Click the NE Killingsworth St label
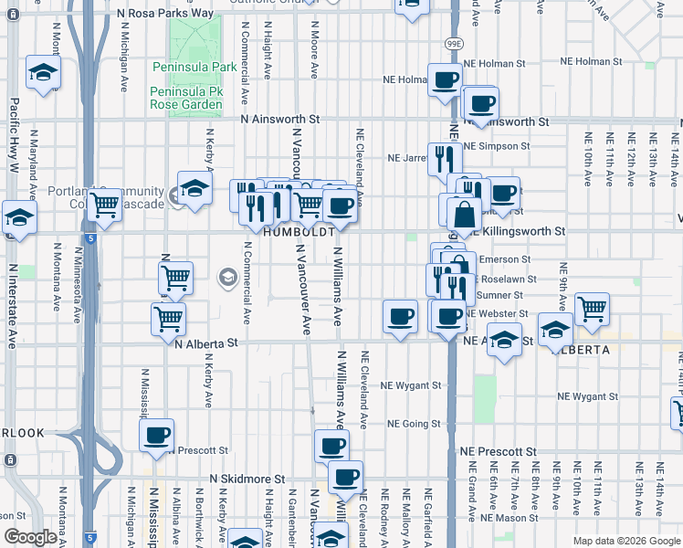(516, 232)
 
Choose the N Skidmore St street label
(247, 479)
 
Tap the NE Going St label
(414, 424)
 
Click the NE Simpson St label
(497, 146)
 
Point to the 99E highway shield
(455, 43)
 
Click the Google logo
(30, 537)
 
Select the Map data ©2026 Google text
(625, 541)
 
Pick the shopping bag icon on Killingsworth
(464, 216)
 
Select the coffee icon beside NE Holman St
(445, 79)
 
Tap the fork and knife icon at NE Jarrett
(445, 158)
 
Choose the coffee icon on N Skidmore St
(344, 476)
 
